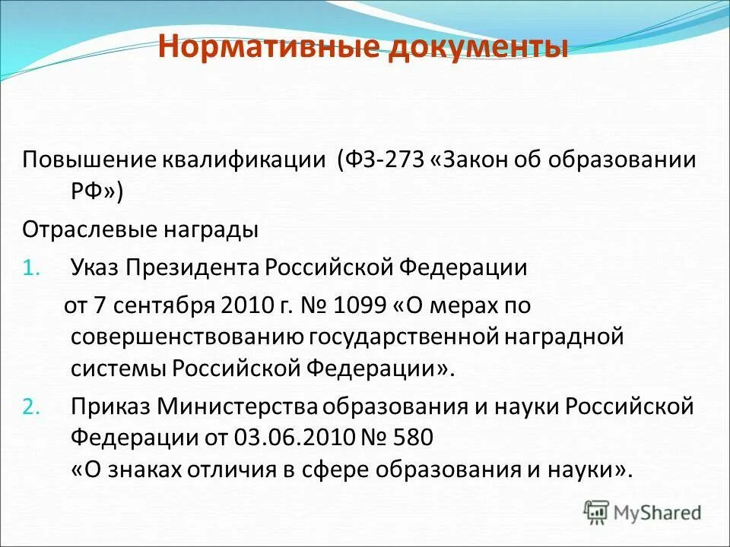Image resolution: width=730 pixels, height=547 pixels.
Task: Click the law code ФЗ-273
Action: point(387,161)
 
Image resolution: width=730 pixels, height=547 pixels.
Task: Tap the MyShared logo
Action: point(643,511)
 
